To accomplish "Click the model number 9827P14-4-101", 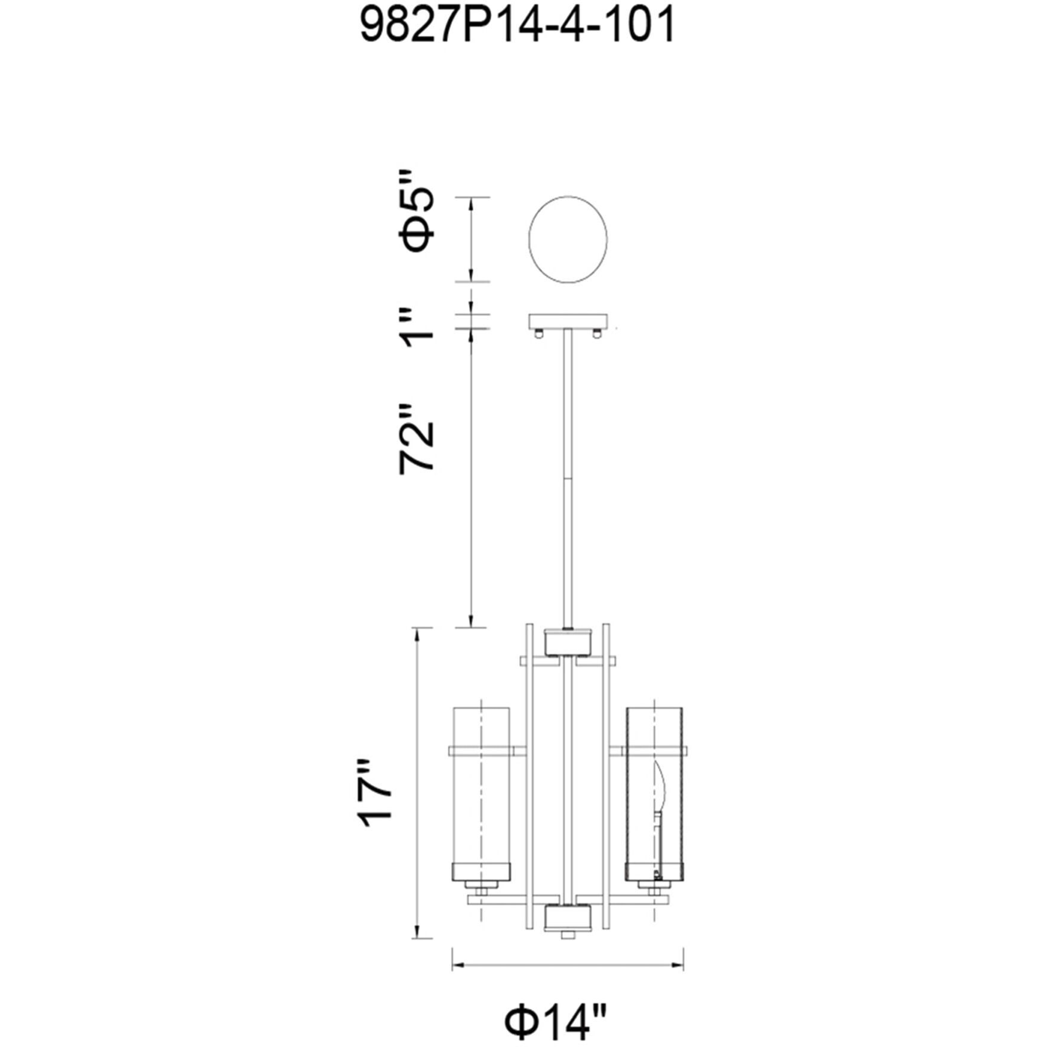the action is click(518, 24).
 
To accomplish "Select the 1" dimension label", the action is click(416, 327).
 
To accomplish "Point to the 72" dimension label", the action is click(416, 439).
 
